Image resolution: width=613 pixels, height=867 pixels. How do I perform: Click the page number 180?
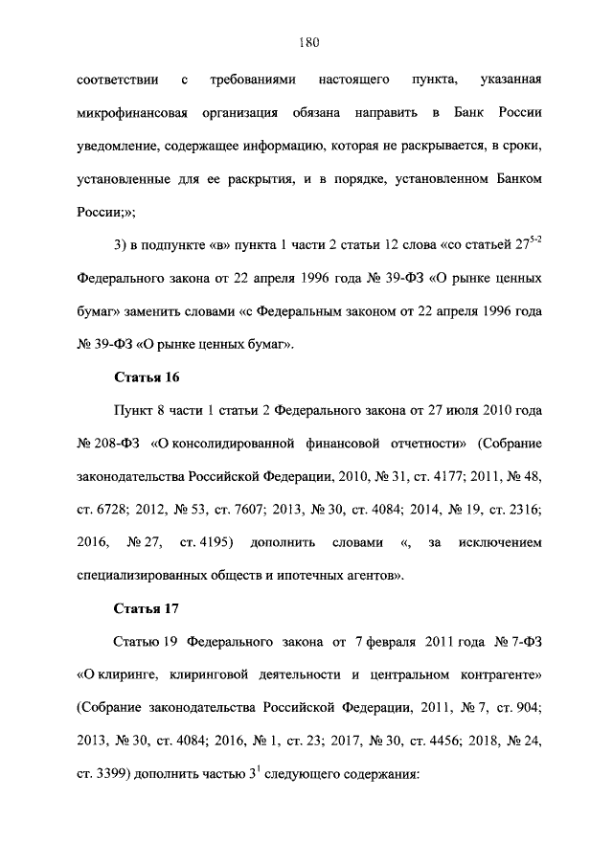tap(306, 41)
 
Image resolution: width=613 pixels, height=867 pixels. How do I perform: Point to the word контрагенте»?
tap(495, 676)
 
